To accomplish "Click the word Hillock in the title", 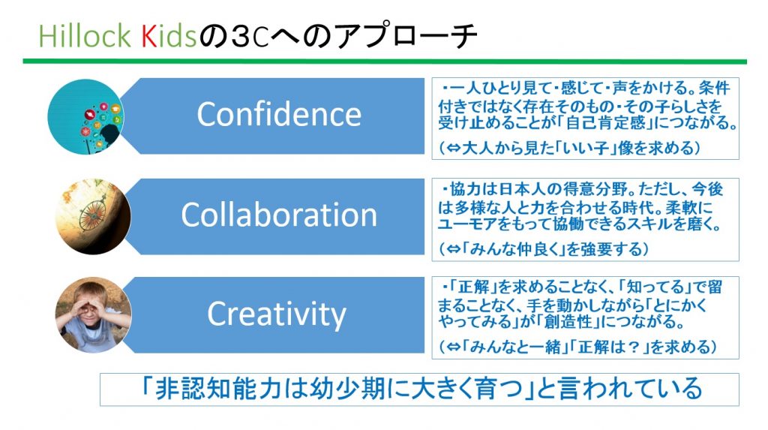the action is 85,37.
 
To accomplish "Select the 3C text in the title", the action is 250,38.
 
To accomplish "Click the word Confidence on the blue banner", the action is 279,114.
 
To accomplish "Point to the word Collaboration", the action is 279,215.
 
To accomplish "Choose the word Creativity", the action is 277,314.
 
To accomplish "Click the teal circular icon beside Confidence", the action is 86,117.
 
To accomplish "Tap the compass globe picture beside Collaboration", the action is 93,217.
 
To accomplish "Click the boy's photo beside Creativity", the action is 93,315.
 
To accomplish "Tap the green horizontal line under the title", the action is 385,62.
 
